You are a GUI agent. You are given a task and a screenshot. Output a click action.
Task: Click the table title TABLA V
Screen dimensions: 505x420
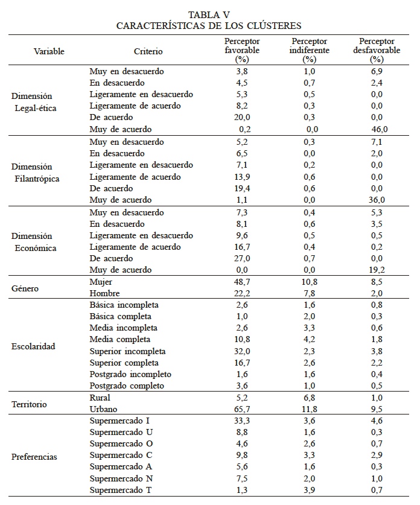tap(209, 14)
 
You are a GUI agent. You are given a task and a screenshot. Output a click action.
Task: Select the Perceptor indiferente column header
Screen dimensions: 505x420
tap(310, 50)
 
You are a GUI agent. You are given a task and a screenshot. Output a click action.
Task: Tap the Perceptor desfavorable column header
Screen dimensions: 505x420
tap(377, 50)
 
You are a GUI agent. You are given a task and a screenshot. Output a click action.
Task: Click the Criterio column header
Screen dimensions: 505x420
tap(148, 52)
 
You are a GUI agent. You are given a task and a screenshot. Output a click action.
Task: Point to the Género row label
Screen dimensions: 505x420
tap(25, 288)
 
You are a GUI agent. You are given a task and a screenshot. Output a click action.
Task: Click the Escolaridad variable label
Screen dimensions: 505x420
tap(33, 346)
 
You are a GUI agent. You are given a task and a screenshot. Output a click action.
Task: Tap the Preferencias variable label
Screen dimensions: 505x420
tap(34, 457)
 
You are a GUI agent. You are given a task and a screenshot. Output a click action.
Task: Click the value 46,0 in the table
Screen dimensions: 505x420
tap(379, 129)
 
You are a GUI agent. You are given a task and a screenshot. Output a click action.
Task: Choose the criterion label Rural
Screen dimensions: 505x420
tap(100, 398)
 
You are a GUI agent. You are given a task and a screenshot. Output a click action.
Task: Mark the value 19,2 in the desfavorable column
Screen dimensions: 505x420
tap(378, 270)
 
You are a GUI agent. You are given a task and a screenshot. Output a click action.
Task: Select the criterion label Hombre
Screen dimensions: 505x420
tap(103, 294)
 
